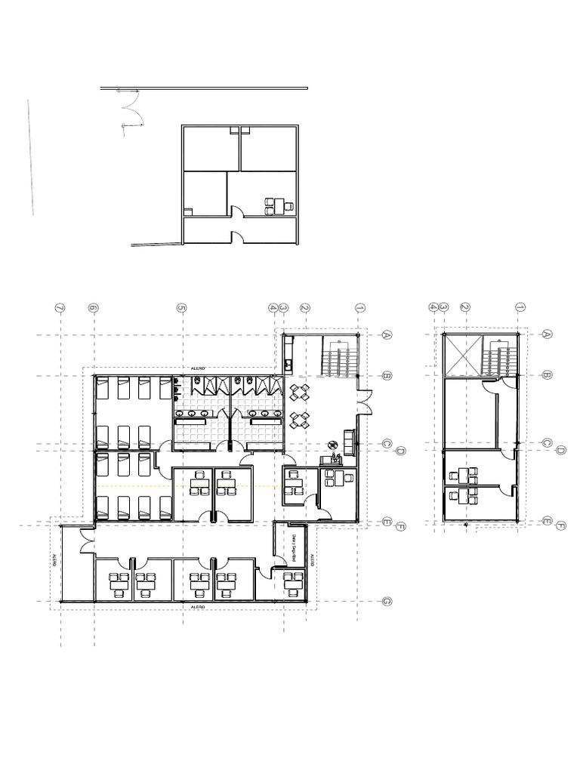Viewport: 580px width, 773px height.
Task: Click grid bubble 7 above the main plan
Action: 60,308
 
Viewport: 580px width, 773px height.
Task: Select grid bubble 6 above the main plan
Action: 94,308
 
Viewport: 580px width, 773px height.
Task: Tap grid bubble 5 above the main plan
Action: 181,308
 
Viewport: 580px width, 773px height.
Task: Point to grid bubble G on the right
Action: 386,602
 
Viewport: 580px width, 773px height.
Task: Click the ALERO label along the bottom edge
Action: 198,606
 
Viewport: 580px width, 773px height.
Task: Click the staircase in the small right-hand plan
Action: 498,356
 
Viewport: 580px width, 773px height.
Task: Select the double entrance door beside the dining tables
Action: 363,401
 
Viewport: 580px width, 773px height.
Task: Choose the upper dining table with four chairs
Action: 300,392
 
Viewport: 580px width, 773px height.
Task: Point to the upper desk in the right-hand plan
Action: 466,475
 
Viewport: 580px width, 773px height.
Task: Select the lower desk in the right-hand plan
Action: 466,496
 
